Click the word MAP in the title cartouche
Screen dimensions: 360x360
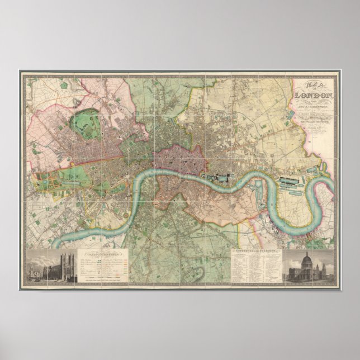pyautogui.click(x=314, y=84)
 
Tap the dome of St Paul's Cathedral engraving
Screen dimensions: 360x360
pyautogui.click(x=306, y=258)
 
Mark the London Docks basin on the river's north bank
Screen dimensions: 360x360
pyautogui.click(x=219, y=178)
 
